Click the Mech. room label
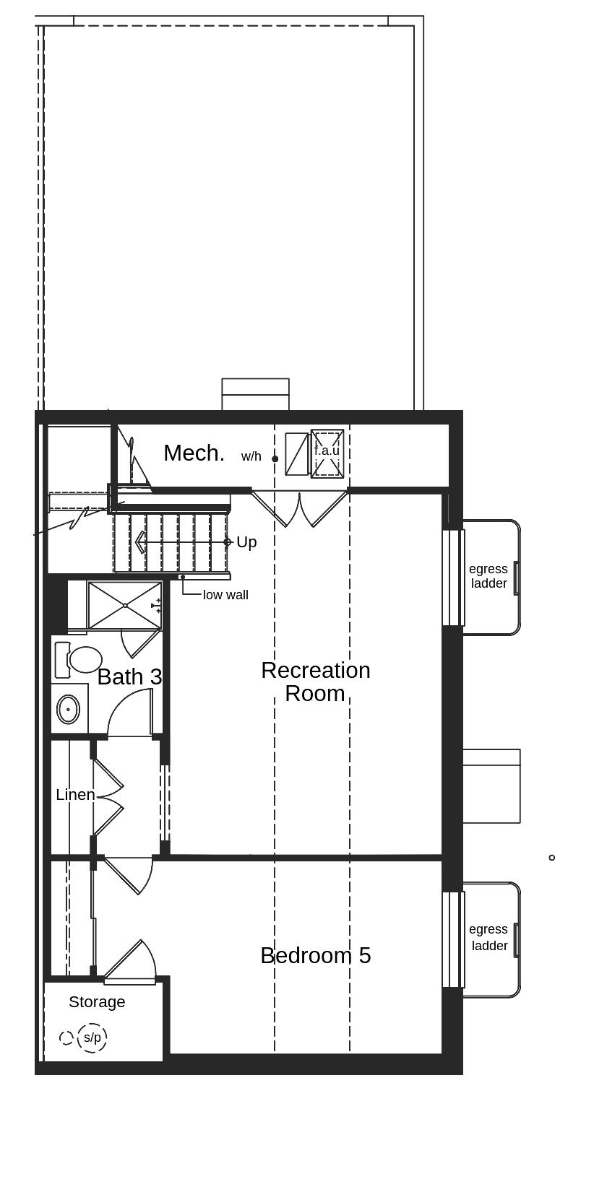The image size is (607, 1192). [194, 453]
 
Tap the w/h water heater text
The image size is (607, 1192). [251, 457]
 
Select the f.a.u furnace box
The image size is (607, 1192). [327, 453]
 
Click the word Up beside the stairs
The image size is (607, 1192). [246, 542]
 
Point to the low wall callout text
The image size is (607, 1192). [225, 595]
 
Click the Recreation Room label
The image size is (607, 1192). [316, 682]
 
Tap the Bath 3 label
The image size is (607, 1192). [129, 677]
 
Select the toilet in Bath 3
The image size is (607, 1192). [79, 659]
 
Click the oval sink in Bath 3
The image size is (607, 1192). [68, 709]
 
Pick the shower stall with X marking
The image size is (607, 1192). [124, 605]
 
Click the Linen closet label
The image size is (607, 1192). [75, 795]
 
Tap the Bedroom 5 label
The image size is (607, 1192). [316, 956]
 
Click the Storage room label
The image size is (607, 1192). [97, 1002]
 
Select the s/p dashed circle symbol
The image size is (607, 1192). [92, 1037]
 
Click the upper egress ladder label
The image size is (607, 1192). [488, 576]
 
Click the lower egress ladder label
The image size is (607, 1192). [488, 937]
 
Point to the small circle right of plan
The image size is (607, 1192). [552, 858]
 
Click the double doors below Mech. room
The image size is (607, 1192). [299, 507]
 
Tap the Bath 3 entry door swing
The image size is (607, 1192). [132, 713]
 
